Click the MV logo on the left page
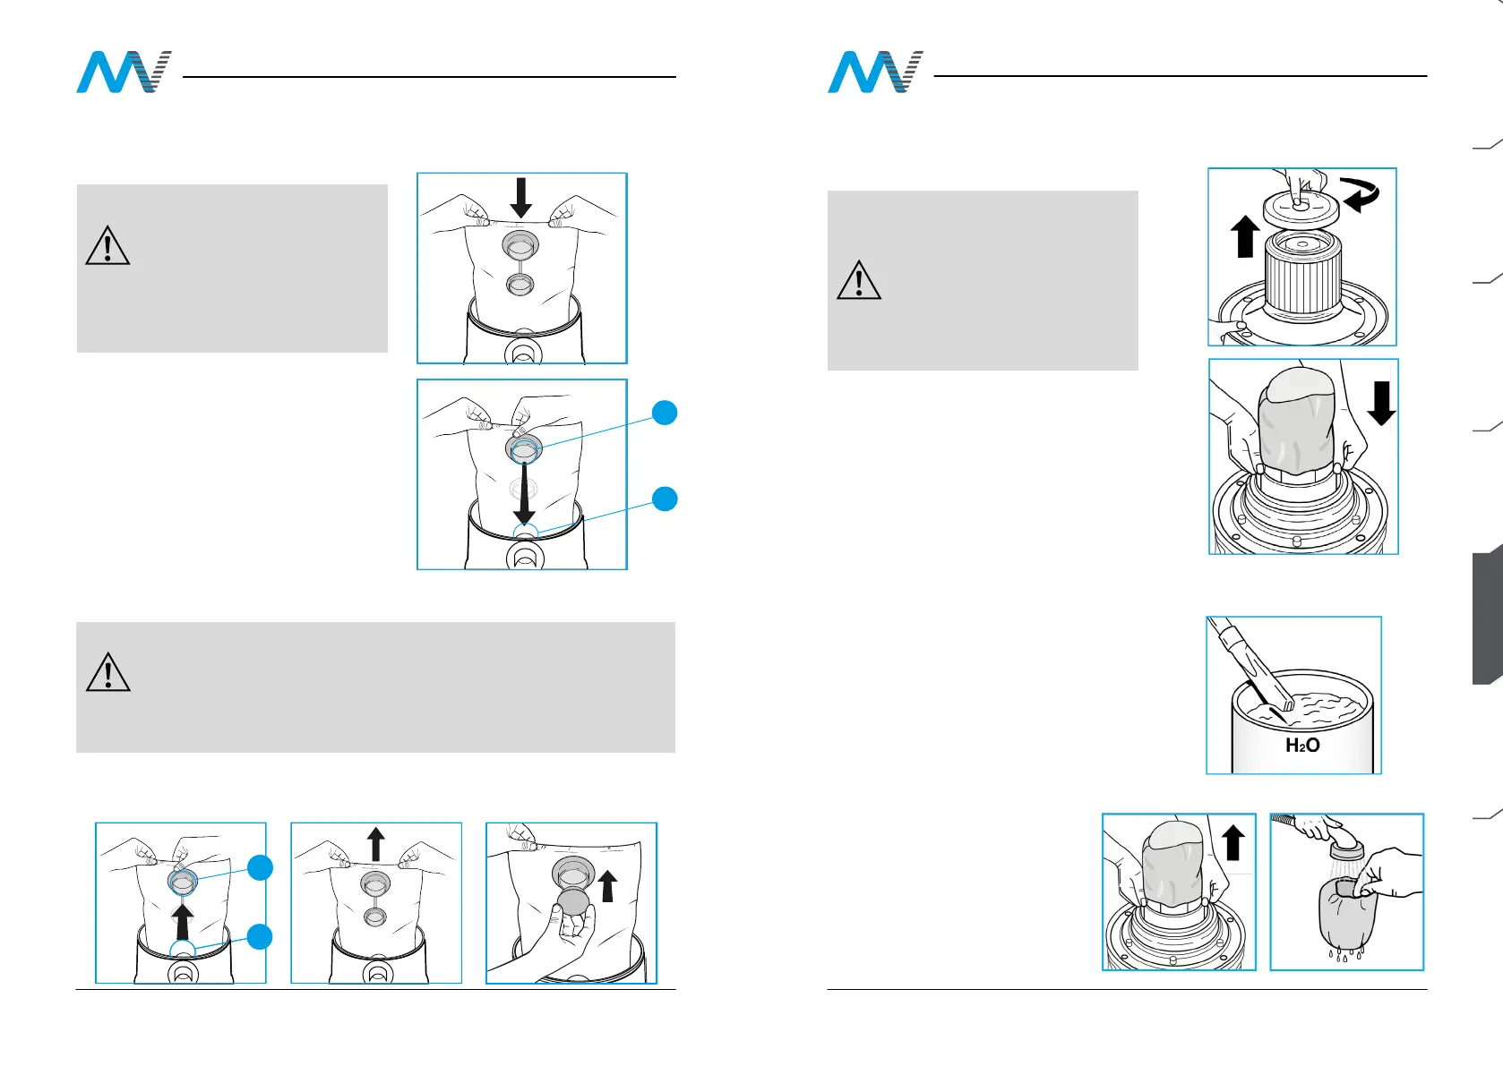[124, 72]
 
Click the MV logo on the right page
[875, 72]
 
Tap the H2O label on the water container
[1301, 745]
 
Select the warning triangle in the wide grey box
[107, 673]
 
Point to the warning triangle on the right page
[858, 280]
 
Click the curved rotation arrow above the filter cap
[1360, 194]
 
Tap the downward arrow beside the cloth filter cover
[1382, 404]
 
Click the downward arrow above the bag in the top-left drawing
[520, 198]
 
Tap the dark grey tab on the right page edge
[1487, 618]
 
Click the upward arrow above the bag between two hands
[376, 844]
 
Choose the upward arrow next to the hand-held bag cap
[608, 887]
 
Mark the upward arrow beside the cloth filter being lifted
[1233, 843]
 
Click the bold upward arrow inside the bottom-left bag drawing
[184, 921]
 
